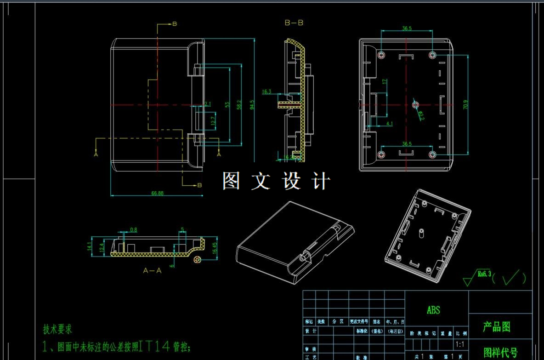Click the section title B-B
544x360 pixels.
(x=294, y=23)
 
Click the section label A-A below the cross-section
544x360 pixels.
(x=153, y=271)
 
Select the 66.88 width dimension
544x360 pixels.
(x=157, y=193)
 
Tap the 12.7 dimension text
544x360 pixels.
(x=213, y=121)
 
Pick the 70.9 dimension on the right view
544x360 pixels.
(x=465, y=104)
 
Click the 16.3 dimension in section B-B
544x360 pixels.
(x=266, y=92)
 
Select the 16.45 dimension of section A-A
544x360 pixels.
(x=215, y=248)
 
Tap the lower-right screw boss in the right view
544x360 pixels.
(x=432, y=154)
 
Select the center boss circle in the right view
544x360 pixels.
(x=416, y=105)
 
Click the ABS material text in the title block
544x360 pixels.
(x=433, y=310)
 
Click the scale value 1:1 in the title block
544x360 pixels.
(x=459, y=344)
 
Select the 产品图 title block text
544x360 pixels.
(x=497, y=327)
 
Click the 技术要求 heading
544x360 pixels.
(x=57, y=329)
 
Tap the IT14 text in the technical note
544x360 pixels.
(x=154, y=346)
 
